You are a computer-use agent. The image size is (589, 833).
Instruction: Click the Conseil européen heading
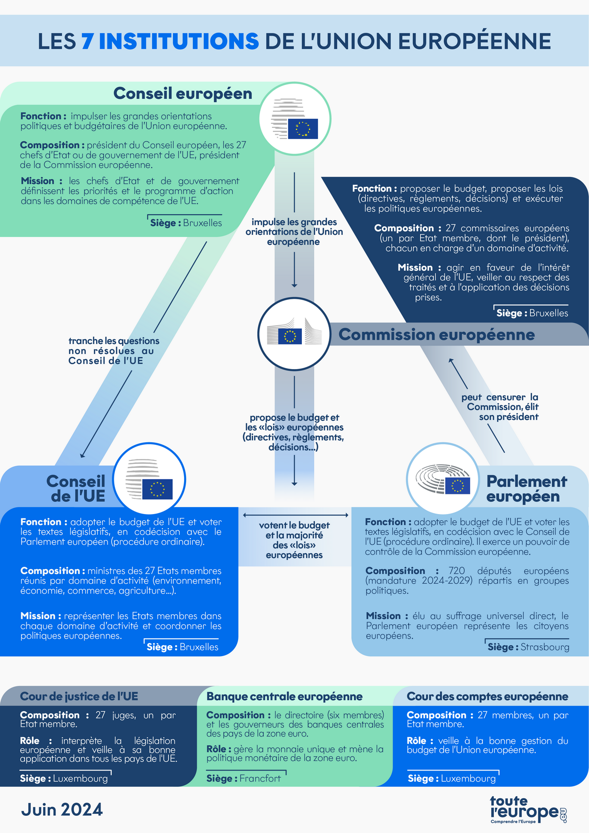pos(183,93)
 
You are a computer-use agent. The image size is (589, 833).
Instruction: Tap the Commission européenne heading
pos(436,335)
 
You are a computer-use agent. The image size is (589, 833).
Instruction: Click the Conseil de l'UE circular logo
pos(149,479)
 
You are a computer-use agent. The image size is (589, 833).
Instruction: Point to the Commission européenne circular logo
pos(294,334)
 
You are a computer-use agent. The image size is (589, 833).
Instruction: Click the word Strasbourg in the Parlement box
pos(545,647)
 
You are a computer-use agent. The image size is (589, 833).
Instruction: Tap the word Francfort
pos(260,778)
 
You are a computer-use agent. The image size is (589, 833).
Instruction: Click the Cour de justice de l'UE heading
pos(79,696)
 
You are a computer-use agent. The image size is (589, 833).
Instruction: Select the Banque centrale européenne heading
pos(284,696)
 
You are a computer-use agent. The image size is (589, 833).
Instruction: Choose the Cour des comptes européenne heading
pos(487,696)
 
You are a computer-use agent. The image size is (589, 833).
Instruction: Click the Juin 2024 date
pos(62,809)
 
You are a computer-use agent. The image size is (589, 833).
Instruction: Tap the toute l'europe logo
pos(528,809)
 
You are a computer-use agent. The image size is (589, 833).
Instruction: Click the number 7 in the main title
pos(87,41)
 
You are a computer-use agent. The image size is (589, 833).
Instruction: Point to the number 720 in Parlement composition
pos(456,571)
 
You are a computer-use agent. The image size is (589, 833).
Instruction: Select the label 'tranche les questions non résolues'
pos(113,351)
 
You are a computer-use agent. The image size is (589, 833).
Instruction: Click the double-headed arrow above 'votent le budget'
pos(295,515)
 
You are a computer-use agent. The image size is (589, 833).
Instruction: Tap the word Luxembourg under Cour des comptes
pos(468,778)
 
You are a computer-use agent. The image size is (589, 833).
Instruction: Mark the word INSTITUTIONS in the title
pos(179,41)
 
